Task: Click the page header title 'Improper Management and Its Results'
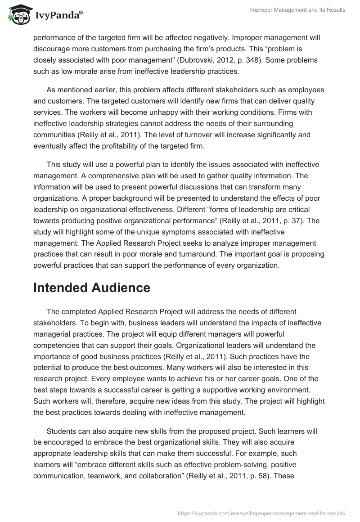[x=298, y=10]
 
